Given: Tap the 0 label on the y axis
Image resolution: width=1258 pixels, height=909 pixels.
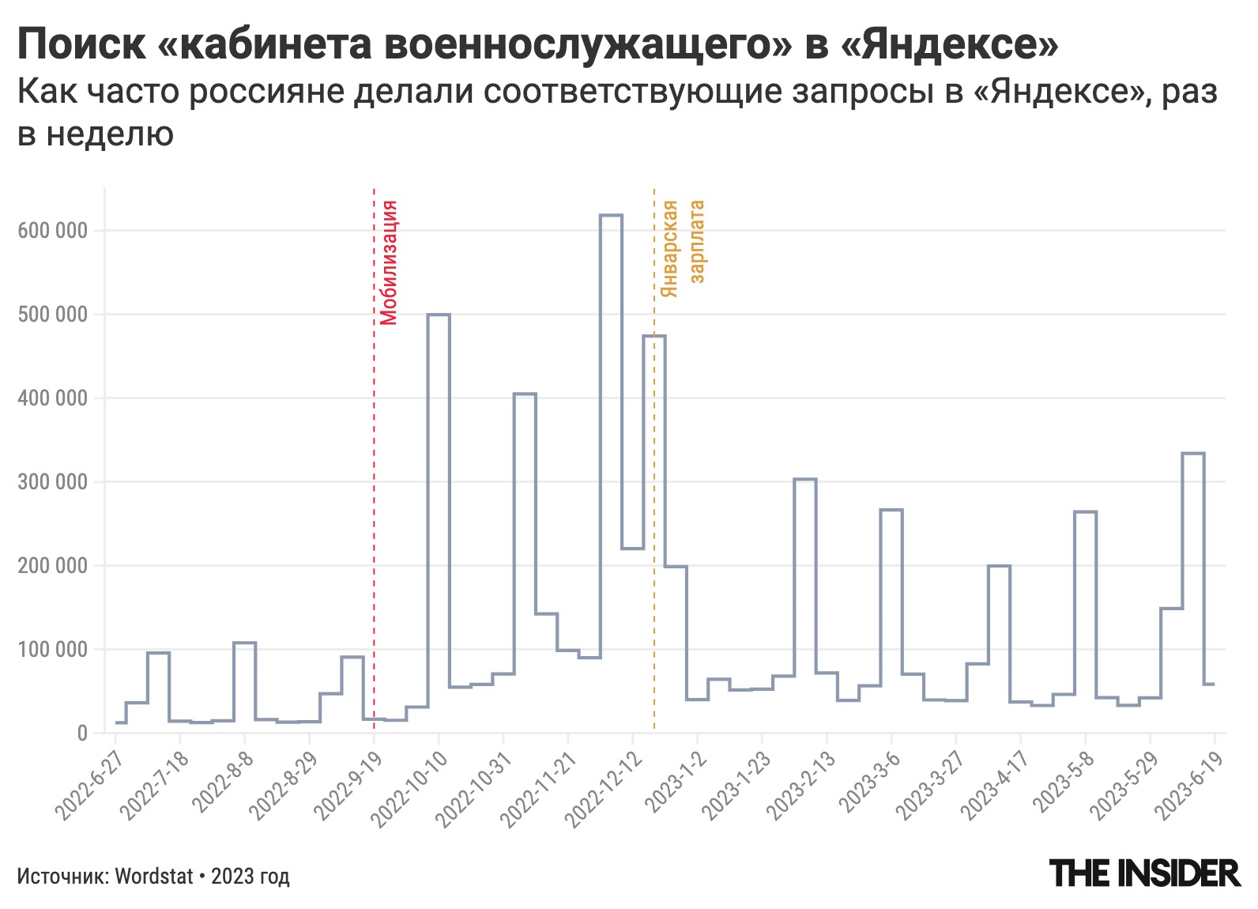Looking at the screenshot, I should (82, 733).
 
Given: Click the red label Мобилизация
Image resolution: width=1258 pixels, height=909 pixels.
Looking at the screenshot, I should (388, 262).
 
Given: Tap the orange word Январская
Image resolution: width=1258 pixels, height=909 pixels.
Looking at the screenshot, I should (669, 249).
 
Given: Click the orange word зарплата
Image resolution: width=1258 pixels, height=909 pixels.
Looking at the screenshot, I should (697, 241).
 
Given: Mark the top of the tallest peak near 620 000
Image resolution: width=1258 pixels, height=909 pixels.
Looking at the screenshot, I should (611, 215).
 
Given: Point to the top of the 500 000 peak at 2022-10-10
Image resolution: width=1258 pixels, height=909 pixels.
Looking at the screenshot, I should (439, 315).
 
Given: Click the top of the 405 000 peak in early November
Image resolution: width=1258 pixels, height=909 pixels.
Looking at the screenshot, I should (525, 394).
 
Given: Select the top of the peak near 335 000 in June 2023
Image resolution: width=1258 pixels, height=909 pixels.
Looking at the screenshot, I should (1192, 454).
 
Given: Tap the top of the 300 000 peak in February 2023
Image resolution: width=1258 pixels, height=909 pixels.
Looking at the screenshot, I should (804, 479).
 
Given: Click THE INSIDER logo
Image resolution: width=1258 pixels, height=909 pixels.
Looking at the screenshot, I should (1144, 873).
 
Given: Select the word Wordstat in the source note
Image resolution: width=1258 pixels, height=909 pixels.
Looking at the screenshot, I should (154, 877).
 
